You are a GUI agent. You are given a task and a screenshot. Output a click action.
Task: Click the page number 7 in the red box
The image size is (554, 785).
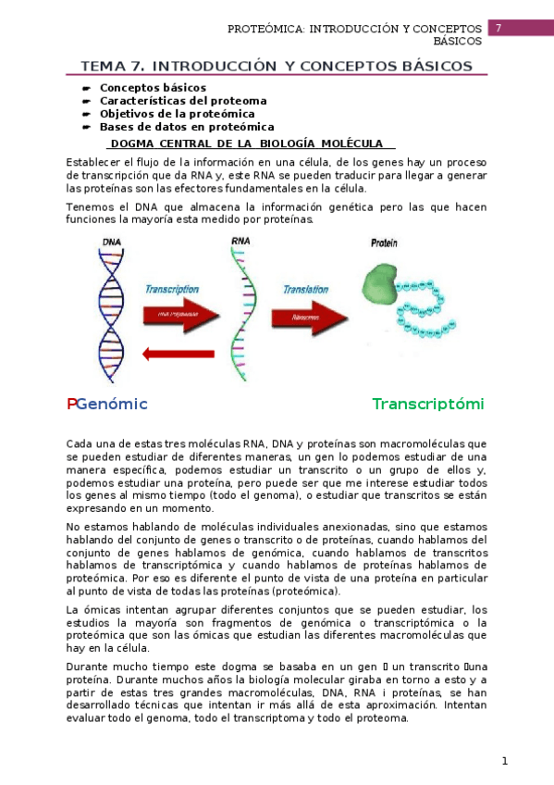499,29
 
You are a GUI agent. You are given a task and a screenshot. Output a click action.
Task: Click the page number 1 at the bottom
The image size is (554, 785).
504,761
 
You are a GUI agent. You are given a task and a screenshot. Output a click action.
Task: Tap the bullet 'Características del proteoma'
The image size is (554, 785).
182,100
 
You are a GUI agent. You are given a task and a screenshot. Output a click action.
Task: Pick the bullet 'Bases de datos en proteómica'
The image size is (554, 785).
186,126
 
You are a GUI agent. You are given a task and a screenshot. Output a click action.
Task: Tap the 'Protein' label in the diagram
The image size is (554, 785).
384,243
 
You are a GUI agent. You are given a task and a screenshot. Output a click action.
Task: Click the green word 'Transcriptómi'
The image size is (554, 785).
428,404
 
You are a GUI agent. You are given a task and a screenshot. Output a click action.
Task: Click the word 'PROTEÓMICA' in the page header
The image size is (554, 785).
267,30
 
